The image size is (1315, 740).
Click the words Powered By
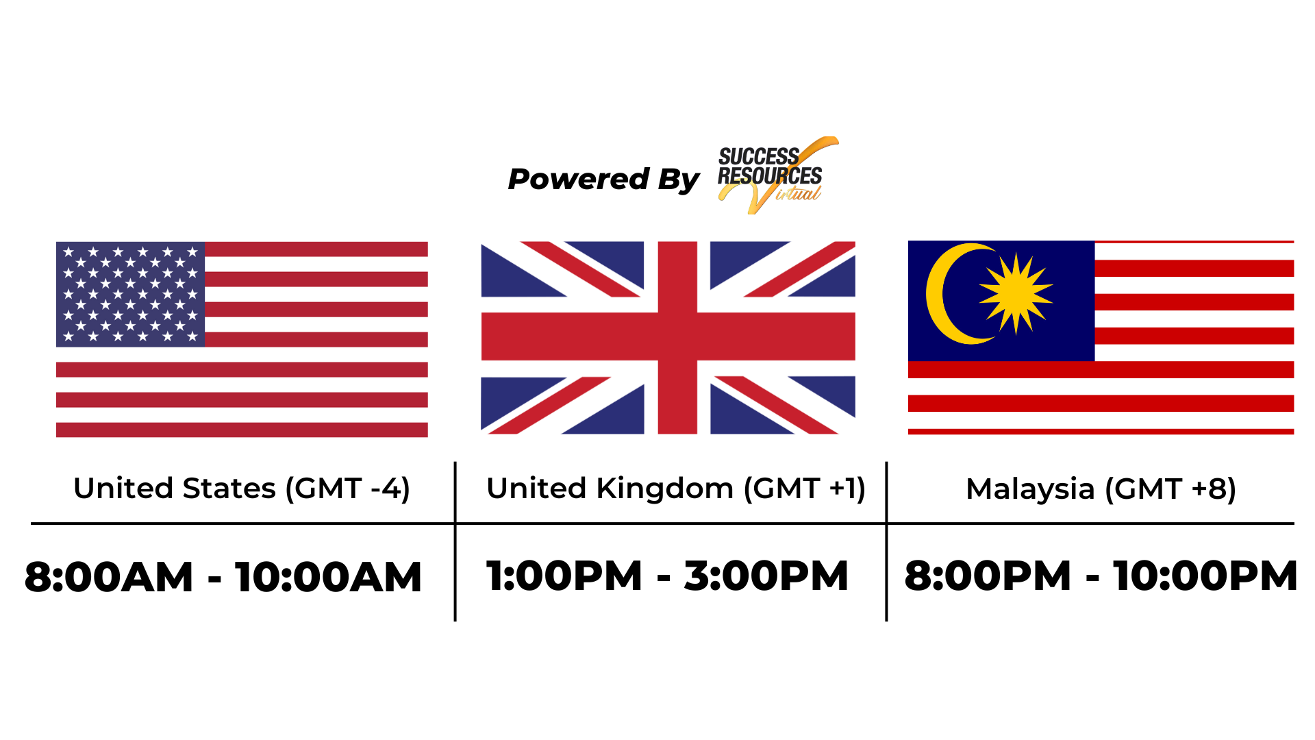click(603, 180)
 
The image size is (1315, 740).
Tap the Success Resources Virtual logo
click(777, 175)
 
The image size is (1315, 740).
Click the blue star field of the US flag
click(130, 294)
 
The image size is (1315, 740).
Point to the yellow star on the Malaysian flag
click(1016, 293)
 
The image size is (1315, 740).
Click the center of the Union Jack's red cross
click(677, 336)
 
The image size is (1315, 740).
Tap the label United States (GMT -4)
click(242, 489)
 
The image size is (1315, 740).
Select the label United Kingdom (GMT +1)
click(676, 489)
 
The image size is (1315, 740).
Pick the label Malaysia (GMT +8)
click(1101, 489)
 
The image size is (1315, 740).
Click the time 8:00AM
click(109, 577)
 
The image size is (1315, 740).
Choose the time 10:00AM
click(328, 577)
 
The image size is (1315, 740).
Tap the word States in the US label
click(229, 489)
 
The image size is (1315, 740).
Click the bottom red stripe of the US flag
click(242, 430)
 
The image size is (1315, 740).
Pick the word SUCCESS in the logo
click(759, 156)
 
